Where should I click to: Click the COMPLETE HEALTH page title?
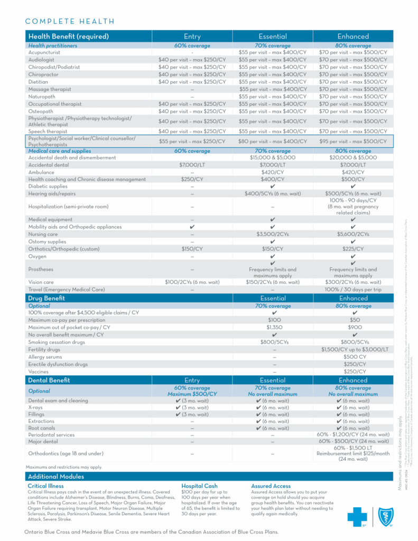click(70, 21)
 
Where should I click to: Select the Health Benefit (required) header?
click(69, 36)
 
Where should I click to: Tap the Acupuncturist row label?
click(44, 52)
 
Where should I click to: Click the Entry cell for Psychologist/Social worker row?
click(192, 141)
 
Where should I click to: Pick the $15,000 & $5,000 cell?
click(272, 157)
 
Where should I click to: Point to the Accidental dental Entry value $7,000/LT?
click(192, 165)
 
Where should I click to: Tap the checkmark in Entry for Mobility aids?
click(192, 227)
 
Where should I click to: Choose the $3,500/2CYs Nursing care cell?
click(272, 234)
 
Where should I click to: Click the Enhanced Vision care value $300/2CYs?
click(353, 282)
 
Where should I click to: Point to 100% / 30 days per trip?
click(353, 290)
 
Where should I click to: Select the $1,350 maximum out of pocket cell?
click(272, 328)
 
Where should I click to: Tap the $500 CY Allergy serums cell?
click(353, 357)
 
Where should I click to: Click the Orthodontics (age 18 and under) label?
click(66, 453)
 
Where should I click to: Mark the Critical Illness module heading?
click(45, 486)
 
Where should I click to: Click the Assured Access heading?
click(271, 486)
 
